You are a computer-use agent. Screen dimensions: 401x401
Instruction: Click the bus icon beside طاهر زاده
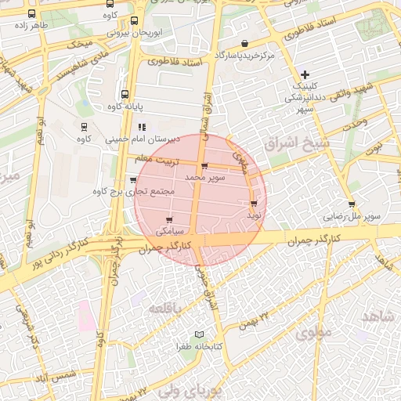point(31,13)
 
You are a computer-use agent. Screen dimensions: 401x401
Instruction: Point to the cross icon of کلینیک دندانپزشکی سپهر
point(305,74)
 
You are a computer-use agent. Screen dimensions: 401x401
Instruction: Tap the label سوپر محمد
point(205,179)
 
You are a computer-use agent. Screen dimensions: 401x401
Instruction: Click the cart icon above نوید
point(254,203)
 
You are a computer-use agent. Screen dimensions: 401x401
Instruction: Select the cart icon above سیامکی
point(169,219)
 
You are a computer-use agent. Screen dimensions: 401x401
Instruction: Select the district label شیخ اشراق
point(300,146)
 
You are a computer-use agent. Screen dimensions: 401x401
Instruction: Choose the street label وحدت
point(356,124)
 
